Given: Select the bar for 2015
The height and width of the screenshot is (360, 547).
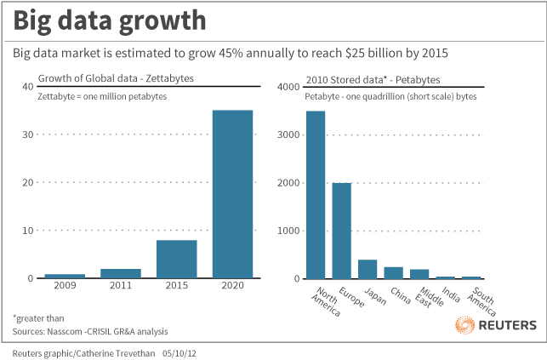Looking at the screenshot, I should coord(176,259).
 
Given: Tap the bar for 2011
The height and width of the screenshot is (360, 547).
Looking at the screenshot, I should coord(120,273).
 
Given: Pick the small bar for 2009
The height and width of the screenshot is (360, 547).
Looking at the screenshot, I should coord(65,276).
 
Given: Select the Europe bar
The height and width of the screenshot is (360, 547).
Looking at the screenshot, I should coord(341,231).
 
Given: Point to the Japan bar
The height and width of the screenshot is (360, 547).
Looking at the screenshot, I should coord(368,269).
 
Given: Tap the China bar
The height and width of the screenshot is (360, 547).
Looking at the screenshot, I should coord(393,272).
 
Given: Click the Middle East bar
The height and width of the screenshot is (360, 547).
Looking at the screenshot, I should coord(419,274).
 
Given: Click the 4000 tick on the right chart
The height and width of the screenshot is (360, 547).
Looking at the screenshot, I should coord(289,87).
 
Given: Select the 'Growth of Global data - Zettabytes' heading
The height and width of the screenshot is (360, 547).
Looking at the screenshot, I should coord(116,78).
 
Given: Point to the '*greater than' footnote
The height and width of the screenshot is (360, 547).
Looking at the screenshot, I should coord(39,317).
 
